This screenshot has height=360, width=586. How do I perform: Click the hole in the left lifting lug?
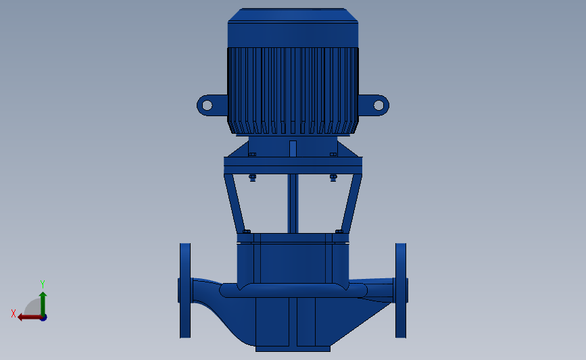coord(207,105)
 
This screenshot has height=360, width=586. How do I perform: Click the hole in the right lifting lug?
coord(379,105)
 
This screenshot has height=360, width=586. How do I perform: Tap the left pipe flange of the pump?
coord(185,290)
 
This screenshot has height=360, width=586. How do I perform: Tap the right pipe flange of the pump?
coord(401,290)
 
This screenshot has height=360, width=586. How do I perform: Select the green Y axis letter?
coord(42,284)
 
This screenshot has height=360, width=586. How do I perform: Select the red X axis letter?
coord(14,313)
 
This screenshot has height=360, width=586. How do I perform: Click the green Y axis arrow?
coord(43,305)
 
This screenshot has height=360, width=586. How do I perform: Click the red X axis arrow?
coord(30,317)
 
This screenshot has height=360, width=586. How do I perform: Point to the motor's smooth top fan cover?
coord(293,28)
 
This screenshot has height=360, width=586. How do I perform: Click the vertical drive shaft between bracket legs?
coord(293,203)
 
